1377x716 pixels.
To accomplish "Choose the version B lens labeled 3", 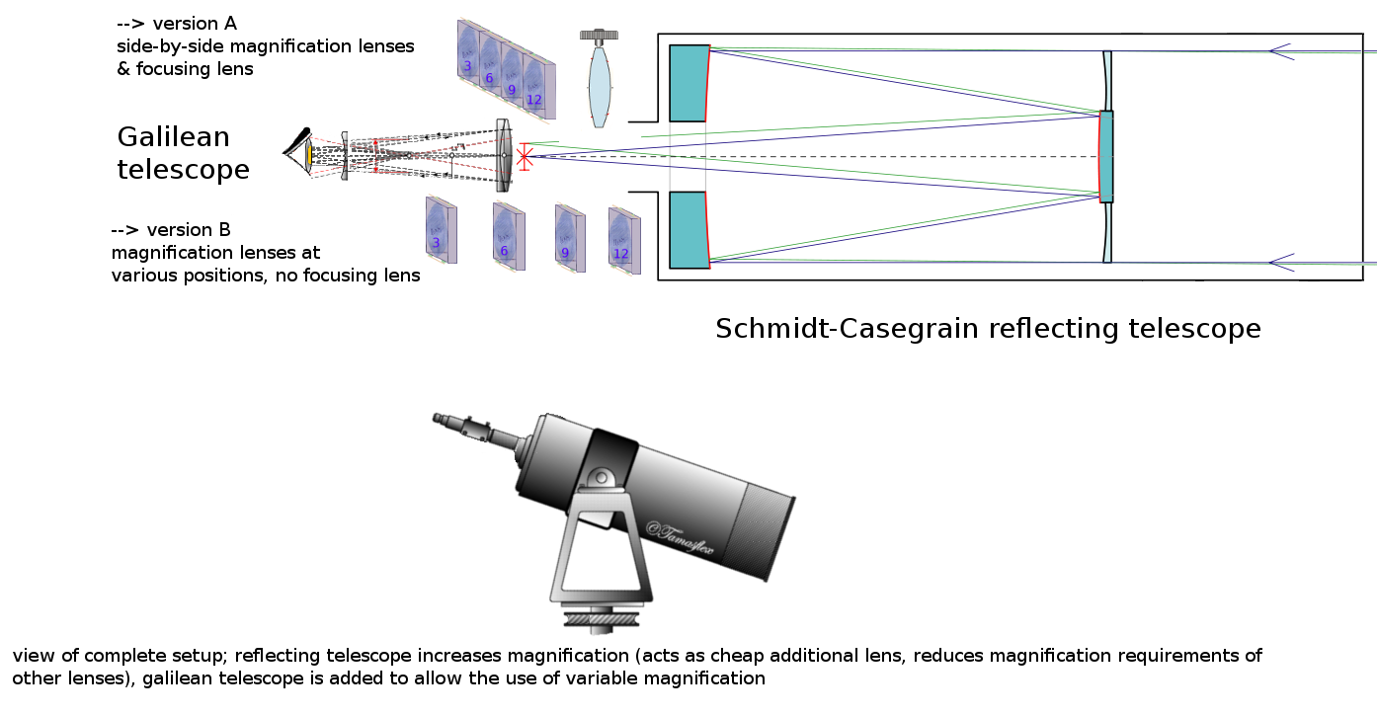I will pyautogui.click(x=439, y=229).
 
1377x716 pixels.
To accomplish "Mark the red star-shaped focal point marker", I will pyautogui.click(x=525, y=156).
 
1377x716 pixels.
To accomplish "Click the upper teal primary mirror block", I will pyautogui.click(x=688, y=83).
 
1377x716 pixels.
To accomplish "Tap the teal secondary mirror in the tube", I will pyautogui.click(x=1106, y=156).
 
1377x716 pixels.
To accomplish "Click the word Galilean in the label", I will pyautogui.click(x=173, y=136).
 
